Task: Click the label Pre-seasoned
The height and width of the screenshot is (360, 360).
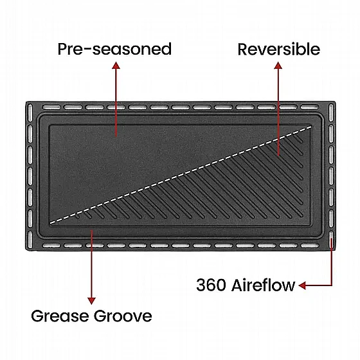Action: pyautogui.click(x=114, y=49)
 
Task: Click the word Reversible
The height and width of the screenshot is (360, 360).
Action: pyautogui.click(x=279, y=49)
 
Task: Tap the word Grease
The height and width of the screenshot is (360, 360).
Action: pyautogui.click(x=60, y=316)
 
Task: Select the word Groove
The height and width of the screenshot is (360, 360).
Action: pyautogui.click(x=123, y=316)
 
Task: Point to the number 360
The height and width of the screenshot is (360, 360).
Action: pyautogui.click(x=211, y=285)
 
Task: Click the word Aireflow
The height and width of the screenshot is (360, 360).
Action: pyautogui.click(x=263, y=285)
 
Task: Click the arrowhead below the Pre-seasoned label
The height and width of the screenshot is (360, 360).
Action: pyautogui.click(x=116, y=65)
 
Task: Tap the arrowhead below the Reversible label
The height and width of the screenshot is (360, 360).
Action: pyautogui.click(x=278, y=65)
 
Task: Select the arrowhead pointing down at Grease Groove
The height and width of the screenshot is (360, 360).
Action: pyautogui.click(x=91, y=301)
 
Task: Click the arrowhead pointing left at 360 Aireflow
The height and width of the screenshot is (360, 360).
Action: pyautogui.click(x=302, y=285)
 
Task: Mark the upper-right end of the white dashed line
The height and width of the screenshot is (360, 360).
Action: pyautogui.click(x=312, y=126)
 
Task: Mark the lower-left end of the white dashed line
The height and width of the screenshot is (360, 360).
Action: pyautogui.click(x=50, y=222)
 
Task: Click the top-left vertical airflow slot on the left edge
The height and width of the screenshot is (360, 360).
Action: pyautogui.click(x=30, y=113)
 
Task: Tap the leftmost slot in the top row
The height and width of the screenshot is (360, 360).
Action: pyautogui.click(x=51, y=107)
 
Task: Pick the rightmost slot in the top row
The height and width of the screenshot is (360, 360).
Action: pyautogui.click(x=310, y=107)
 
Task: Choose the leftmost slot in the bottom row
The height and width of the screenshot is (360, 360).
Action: pyautogui.click(x=51, y=246)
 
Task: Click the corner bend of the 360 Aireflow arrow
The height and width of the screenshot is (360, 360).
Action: pyautogui.click(x=332, y=285)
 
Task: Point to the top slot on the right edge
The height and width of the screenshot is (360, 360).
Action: pyautogui.click(x=331, y=113)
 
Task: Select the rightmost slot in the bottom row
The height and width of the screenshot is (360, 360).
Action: pyautogui.click(x=310, y=246)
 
